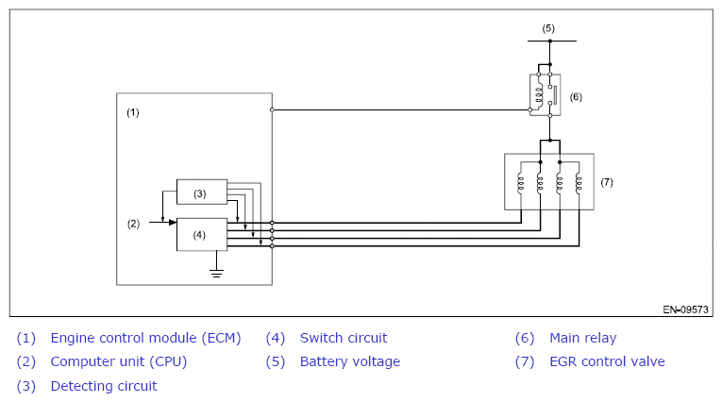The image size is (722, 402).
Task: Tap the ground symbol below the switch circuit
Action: (216, 273)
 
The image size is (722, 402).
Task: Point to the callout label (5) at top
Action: (548, 28)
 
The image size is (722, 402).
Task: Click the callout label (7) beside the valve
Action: (607, 182)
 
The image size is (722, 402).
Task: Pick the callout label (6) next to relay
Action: (576, 96)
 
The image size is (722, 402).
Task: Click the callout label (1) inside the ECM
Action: (133, 112)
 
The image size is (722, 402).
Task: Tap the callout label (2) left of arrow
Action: (133, 224)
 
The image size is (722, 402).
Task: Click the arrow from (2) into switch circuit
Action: (163, 223)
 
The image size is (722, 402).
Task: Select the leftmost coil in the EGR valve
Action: (521, 182)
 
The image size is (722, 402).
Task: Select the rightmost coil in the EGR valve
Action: (579, 182)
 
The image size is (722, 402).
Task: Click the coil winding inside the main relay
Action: (539, 95)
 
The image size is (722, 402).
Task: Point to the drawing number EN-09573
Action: (685, 310)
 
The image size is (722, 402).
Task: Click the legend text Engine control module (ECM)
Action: (145, 338)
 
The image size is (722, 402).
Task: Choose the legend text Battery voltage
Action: (350, 362)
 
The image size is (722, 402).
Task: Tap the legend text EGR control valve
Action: (608, 361)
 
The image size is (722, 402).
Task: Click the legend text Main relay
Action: (583, 338)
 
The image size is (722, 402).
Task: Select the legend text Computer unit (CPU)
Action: (119, 362)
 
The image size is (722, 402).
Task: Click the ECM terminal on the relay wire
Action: (272, 109)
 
